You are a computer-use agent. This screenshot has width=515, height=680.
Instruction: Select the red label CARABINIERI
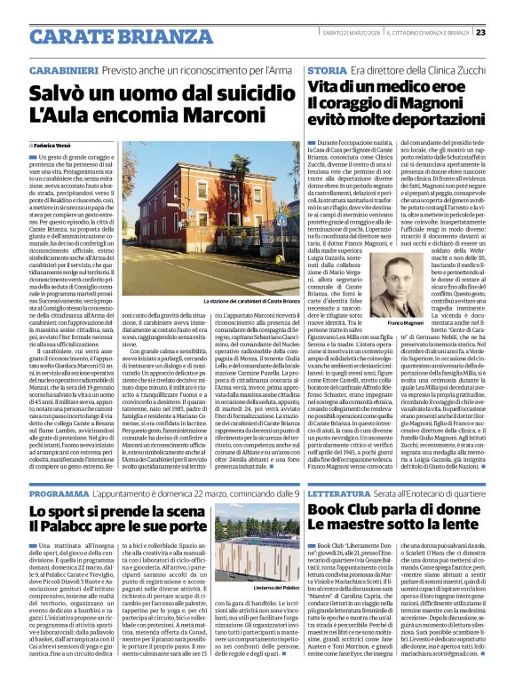point(62,68)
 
